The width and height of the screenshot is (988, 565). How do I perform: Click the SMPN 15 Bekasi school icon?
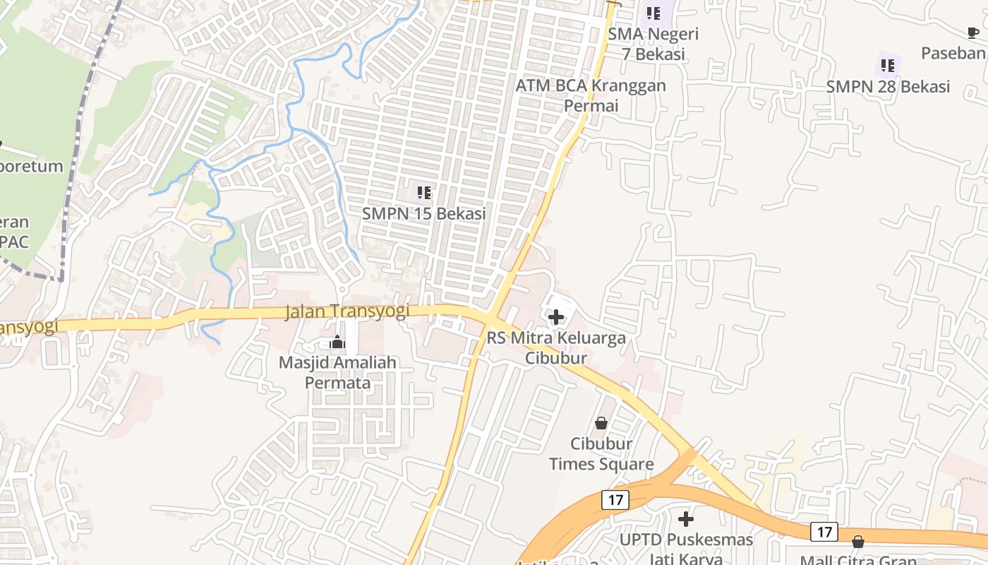(x=423, y=192)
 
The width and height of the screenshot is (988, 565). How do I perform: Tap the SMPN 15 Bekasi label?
(x=423, y=213)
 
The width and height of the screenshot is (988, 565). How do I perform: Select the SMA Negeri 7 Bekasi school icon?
(x=653, y=13)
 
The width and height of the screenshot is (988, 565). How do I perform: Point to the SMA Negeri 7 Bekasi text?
(x=653, y=44)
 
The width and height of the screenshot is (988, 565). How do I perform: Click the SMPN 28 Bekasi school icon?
(x=888, y=66)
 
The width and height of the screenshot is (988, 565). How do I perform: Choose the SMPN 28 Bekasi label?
(x=888, y=87)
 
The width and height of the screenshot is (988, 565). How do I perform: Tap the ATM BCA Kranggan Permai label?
(x=591, y=95)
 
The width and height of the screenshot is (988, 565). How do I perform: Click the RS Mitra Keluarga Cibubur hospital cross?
(x=556, y=317)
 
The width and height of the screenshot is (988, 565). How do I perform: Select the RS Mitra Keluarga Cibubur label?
(x=556, y=347)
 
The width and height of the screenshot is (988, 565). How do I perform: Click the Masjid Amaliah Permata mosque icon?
(x=337, y=343)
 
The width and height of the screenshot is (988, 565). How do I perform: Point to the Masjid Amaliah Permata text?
(x=337, y=372)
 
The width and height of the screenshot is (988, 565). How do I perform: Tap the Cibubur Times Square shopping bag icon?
(x=601, y=423)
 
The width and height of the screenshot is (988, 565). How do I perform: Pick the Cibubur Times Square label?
(x=601, y=454)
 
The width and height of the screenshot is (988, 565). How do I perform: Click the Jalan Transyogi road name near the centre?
(x=347, y=311)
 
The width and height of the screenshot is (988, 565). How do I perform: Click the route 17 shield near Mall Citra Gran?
(x=824, y=532)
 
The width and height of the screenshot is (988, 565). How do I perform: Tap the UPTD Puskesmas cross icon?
(x=685, y=520)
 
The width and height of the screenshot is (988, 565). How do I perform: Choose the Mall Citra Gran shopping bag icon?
(x=858, y=542)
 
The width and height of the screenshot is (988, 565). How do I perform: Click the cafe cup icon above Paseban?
(x=973, y=32)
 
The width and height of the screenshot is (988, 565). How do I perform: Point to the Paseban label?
(x=954, y=53)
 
